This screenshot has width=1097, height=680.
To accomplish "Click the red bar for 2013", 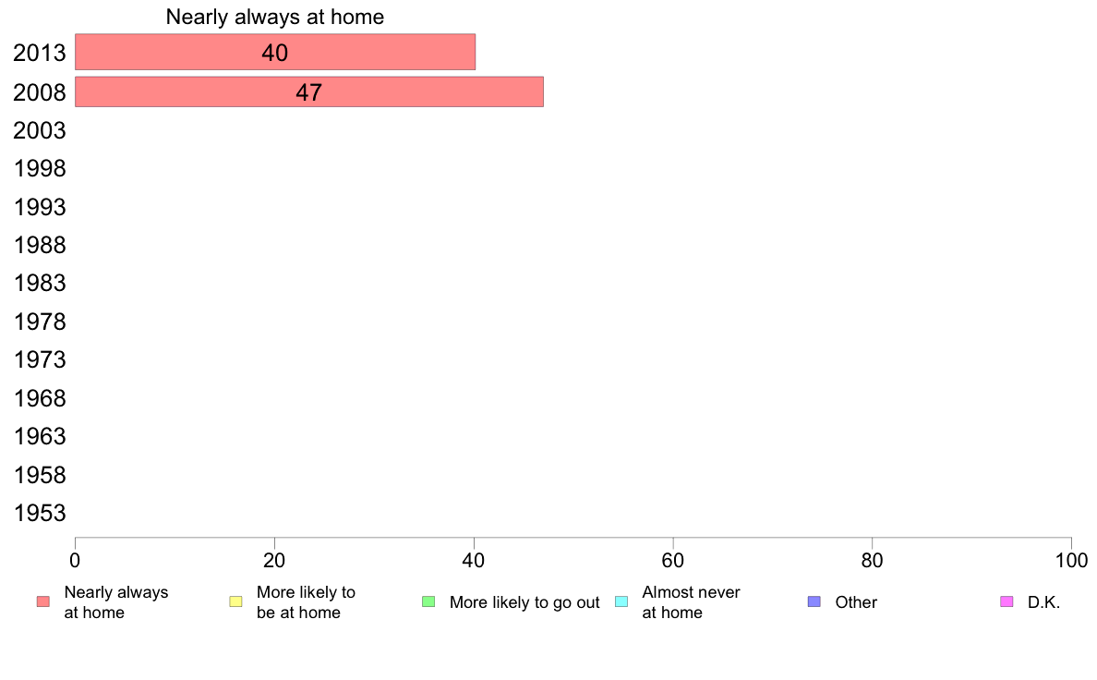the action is (275, 52).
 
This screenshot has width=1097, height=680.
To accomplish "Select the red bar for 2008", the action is (309, 91).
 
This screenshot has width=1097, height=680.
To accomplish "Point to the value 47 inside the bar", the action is (308, 92).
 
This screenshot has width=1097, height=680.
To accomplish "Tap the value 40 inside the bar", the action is (275, 53).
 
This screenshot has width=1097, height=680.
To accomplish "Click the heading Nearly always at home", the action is (275, 17).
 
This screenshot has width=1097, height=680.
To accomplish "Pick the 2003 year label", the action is (39, 130).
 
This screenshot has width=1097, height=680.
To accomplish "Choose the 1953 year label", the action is (39, 513).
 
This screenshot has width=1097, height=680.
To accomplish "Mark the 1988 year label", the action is (39, 245).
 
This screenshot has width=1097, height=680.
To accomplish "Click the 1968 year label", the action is (39, 398).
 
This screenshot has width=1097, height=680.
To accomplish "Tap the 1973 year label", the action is (39, 360).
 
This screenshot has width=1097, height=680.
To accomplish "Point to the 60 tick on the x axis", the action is (672, 560).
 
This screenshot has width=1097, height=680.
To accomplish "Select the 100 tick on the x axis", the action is (1071, 560).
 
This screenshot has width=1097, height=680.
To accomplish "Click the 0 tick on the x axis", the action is (75, 560).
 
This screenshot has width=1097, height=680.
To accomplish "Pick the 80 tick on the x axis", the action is (872, 560).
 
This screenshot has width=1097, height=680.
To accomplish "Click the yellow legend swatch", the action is (235, 601).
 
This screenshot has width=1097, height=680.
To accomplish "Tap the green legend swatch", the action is (428, 601).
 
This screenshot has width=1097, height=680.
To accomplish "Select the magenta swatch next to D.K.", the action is (1007, 601).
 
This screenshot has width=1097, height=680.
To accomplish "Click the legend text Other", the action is (856, 602).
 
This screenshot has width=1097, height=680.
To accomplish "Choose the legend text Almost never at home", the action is (691, 602).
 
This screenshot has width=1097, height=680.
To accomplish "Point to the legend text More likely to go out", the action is (524, 602).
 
